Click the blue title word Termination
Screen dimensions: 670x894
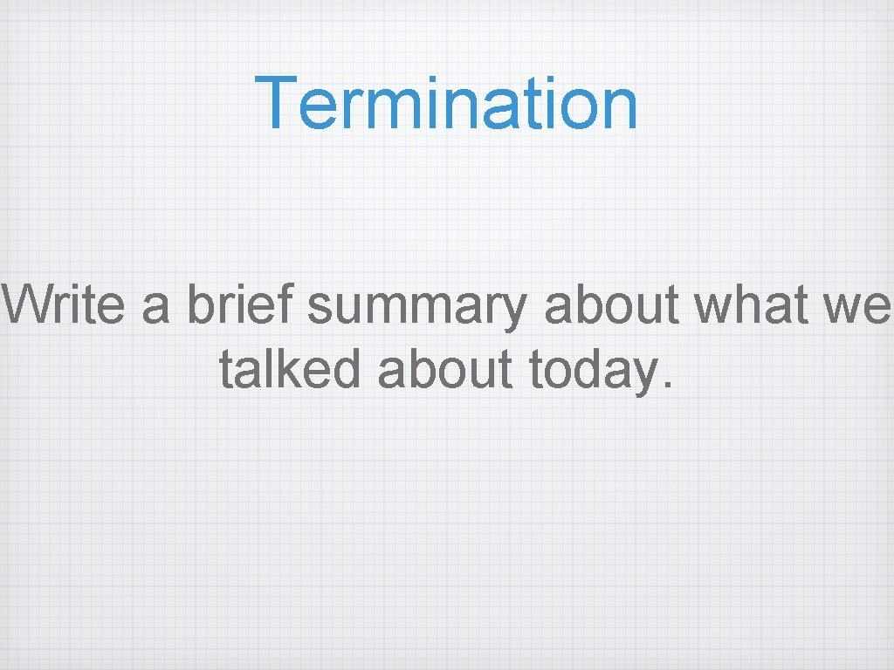click(x=446, y=104)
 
